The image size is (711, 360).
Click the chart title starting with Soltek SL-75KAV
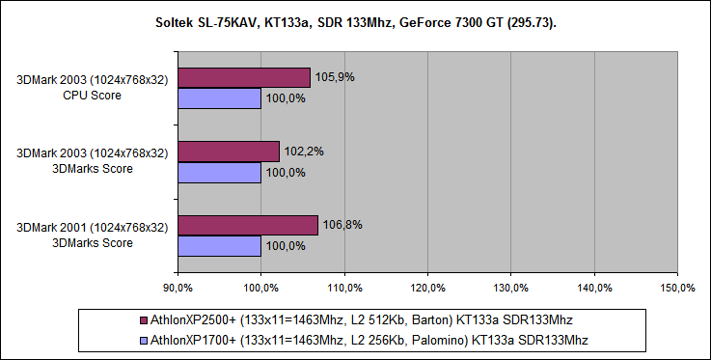coord(355,22)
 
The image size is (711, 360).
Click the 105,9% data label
coord(333,77)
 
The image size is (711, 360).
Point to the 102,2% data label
coord(302,151)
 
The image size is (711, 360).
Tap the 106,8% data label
coord(341,224)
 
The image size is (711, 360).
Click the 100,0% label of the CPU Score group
coord(285,98)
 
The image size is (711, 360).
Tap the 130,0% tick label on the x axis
coord(511,288)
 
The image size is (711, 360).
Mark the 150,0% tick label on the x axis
coord(677,288)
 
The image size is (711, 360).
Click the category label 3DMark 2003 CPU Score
coord(94,88)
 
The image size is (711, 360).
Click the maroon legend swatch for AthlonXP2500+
coord(144,319)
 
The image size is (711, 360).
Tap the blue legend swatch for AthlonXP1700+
coord(144,340)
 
